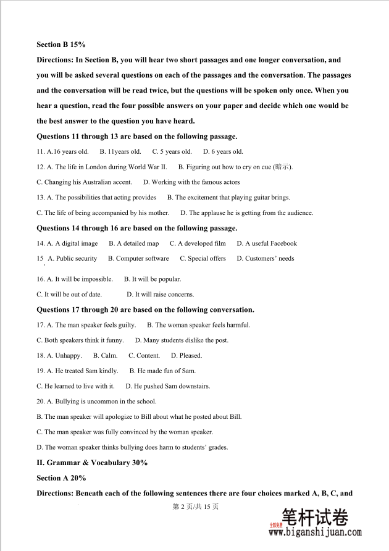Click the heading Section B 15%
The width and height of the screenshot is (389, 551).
(61, 44)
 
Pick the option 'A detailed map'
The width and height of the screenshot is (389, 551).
(133, 243)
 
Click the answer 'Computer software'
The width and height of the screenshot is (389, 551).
(138, 259)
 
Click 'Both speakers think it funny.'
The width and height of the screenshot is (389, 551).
(80, 340)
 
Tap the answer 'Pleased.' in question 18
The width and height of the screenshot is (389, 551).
(186, 356)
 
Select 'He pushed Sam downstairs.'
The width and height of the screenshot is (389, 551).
(168, 387)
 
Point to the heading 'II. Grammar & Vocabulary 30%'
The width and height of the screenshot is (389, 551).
(92, 463)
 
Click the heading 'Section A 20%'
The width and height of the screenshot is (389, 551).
(61, 478)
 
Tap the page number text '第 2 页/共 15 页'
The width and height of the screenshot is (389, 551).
(195, 507)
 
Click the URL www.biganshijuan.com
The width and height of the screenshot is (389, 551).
(315, 532)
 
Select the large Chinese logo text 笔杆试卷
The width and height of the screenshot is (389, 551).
(315, 517)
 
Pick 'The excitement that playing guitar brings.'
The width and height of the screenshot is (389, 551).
(228, 198)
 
